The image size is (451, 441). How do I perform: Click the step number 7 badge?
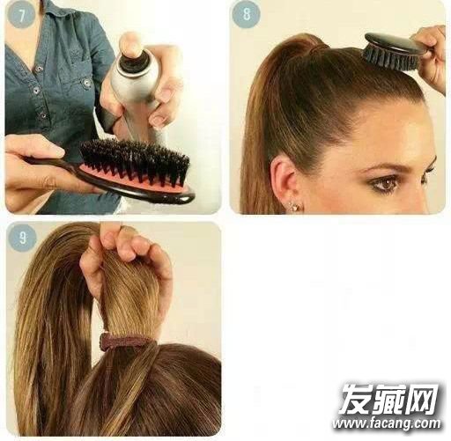[x=21, y=15]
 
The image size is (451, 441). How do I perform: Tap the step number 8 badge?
[x=246, y=13]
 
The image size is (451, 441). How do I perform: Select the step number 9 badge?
[x=22, y=237]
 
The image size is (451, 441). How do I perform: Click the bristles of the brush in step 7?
[x=136, y=163]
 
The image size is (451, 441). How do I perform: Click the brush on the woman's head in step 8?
[x=394, y=52]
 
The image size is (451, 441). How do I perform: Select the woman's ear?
[x=284, y=182]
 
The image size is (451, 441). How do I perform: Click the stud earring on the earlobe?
[x=293, y=206]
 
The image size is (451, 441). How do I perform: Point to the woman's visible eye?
[x=385, y=184]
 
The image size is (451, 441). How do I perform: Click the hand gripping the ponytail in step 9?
[x=125, y=264]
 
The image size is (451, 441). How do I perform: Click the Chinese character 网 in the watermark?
[x=421, y=400]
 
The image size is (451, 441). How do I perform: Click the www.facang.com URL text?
[x=387, y=424]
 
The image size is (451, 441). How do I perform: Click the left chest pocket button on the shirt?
[x=86, y=84]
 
